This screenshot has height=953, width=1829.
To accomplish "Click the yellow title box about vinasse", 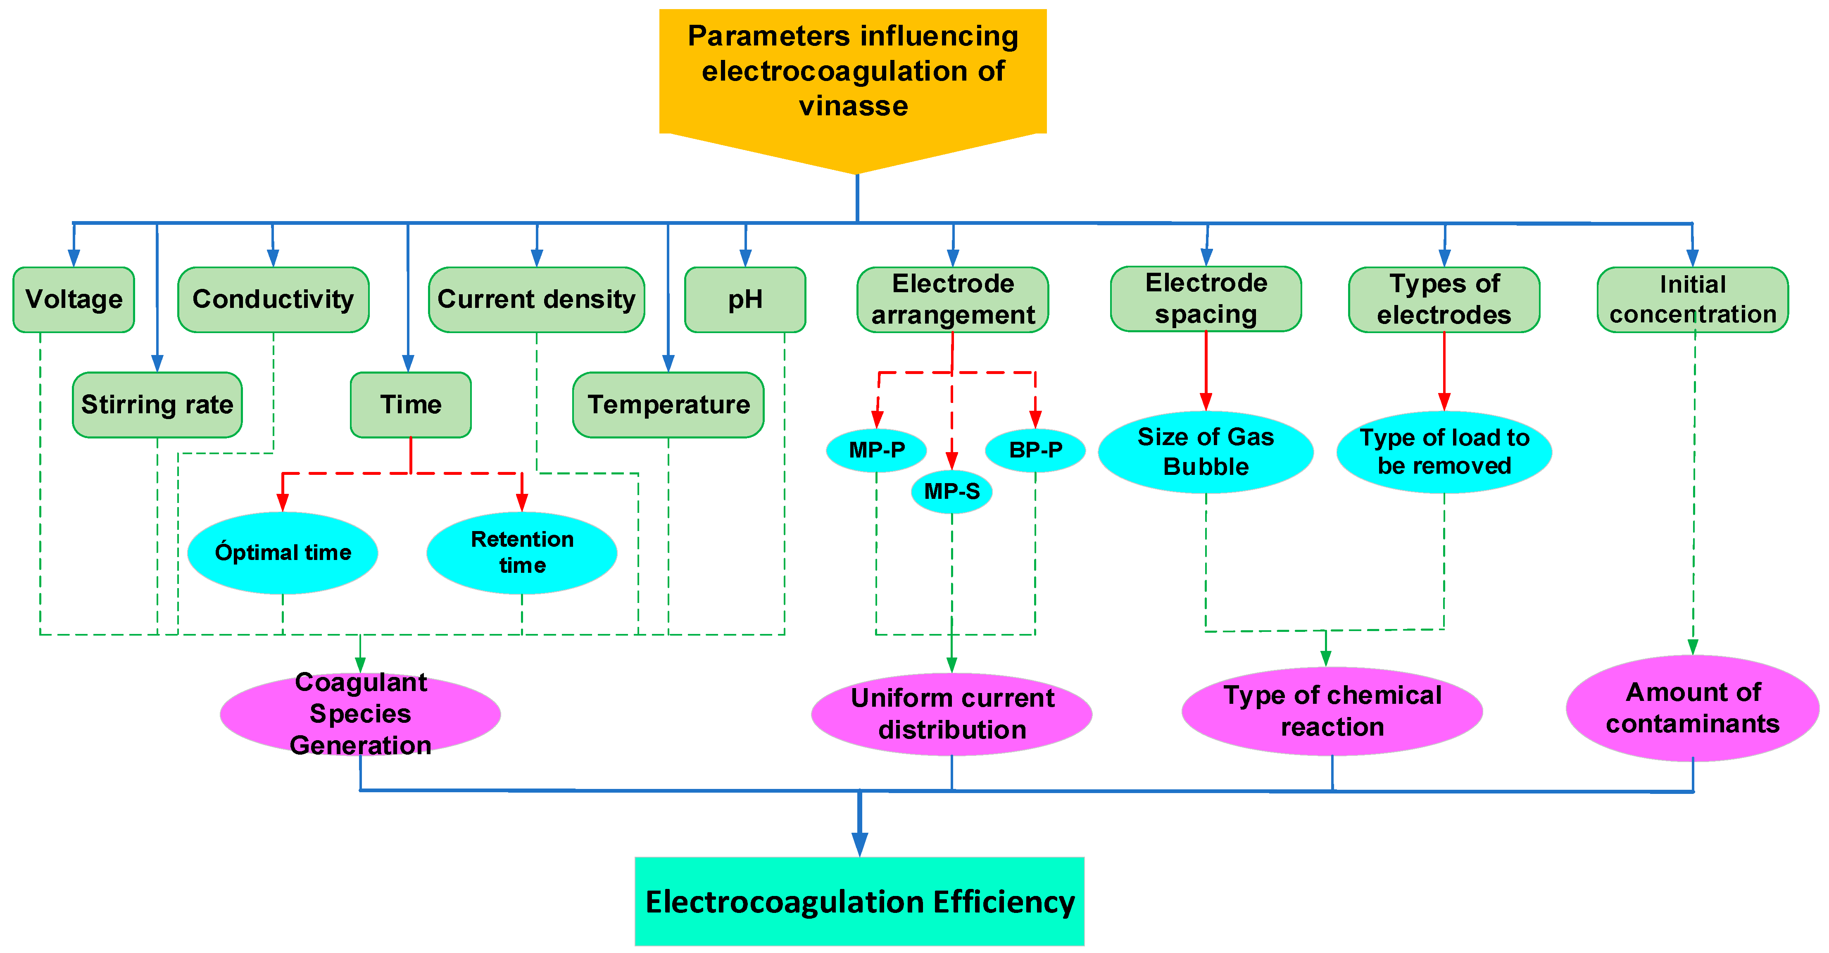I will tap(853, 71).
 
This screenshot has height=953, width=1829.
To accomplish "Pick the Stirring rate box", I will tap(157, 405).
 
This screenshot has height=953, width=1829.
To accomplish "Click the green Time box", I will tap(410, 405).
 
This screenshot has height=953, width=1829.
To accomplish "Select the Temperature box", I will tap(668, 405).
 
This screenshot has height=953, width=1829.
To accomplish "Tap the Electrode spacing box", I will tap(1206, 299).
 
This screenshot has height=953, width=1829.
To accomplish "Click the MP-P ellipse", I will tap(876, 450).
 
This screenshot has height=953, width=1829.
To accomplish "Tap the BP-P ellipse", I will tap(1035, 450).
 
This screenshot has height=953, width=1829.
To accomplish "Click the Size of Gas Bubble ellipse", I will tap(1206, 452).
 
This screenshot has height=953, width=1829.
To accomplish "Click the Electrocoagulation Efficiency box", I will tap(859, 902).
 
